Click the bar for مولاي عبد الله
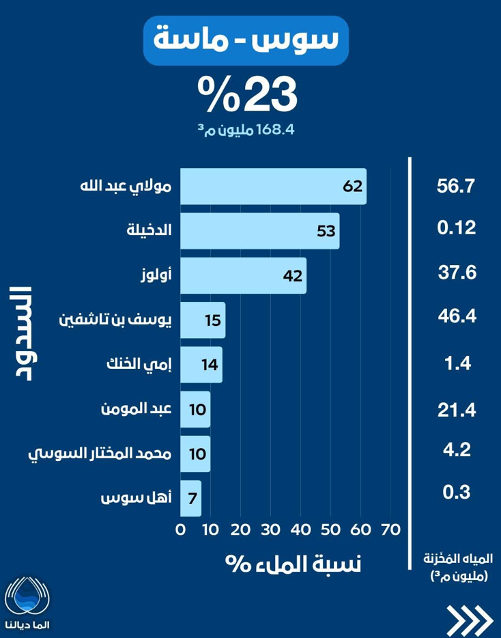pyautogui.click(x=273, y=186)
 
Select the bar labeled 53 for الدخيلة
pyautogui.click(x=259, y=231)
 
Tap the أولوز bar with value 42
pyautogui.click(x=243, y=275)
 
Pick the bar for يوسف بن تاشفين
pyautogui.click(x=203, y=320)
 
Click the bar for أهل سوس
pyautogui.click(x=191, y=497)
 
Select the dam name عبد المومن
pyautogui.click(x=134, y=408)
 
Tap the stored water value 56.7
pyautogui.click(x=455, y=186)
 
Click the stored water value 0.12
pyautogui.click(x=455, y=228)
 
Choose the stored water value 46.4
pyautogui.click(x=455, y=316)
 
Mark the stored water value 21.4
pyautogui.click(x=455, y=408)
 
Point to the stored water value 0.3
pyautogui.click(x=455, y=492)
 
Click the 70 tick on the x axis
pyautogui.click(x=390, y=529)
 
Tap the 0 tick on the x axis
pyautogui.click(x=181, y=529)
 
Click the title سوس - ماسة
pyautogui.click(x=246, y=41)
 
